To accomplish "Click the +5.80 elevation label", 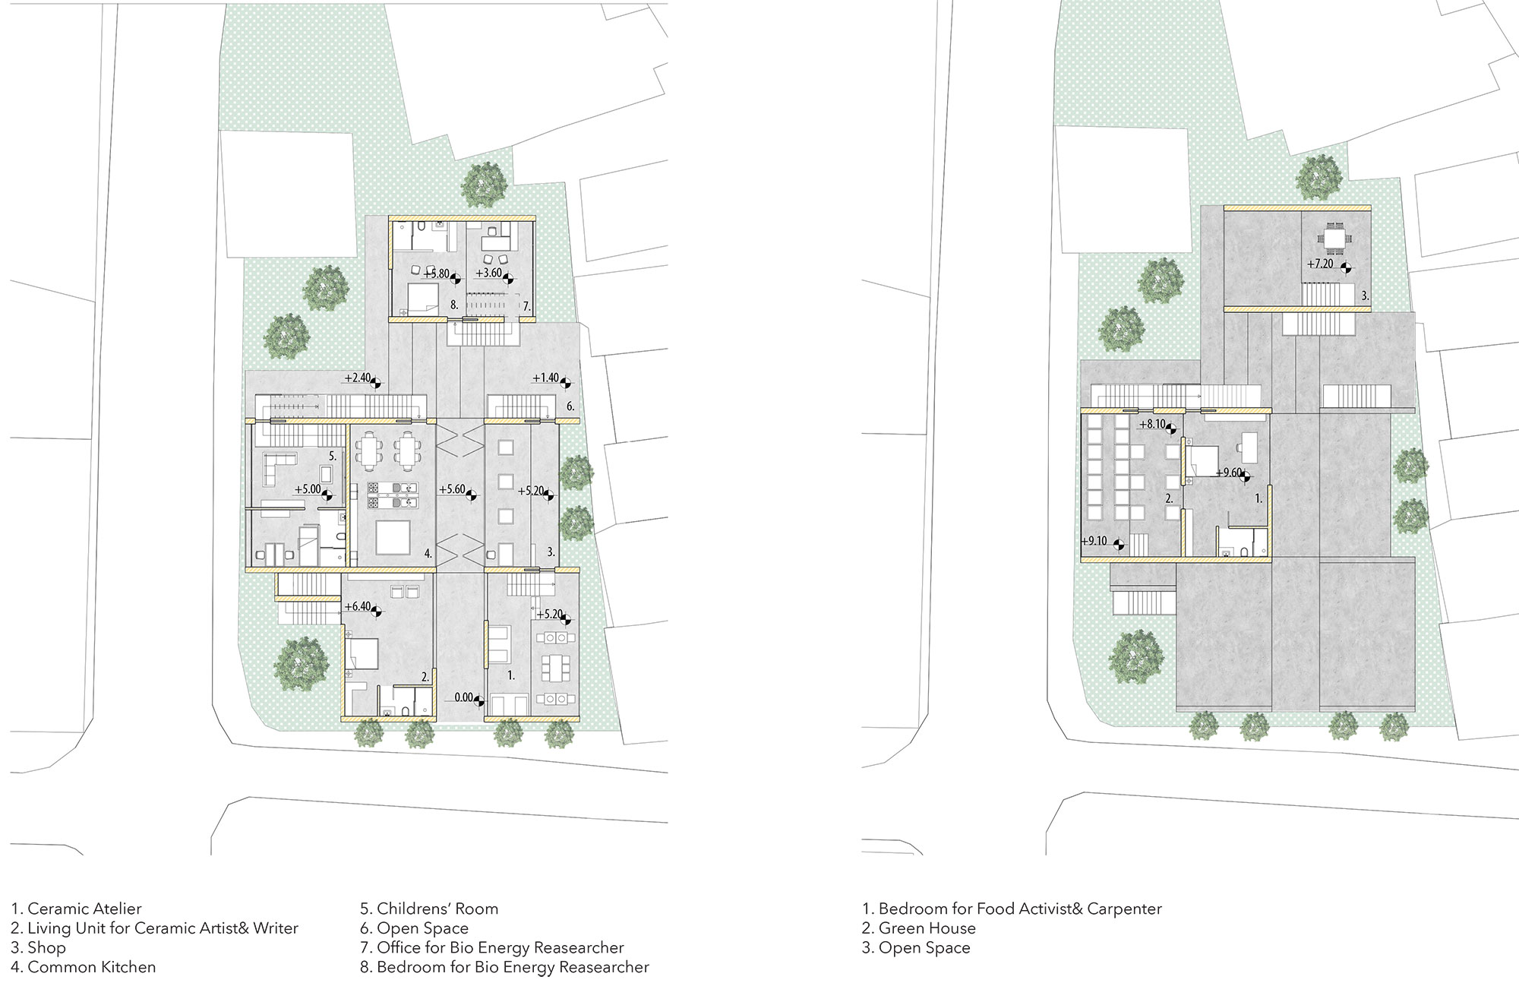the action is [x=437, y=273].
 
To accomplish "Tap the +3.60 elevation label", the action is [x=489, y=273].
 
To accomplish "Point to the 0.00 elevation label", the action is [x=463, y=697].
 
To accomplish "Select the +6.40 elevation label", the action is [x=358, y=607].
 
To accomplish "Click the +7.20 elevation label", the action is [x=1320, y=264].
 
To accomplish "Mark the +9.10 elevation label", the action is [x=1094, y=542].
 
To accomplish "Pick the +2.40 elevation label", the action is [x=357, y=378].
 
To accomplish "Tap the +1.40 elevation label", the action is [x=545, y=378].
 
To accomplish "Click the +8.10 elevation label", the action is [x=1152, y=425].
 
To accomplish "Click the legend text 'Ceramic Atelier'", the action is [x=84, y=909].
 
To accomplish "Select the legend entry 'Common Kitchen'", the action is [x=92, y=967].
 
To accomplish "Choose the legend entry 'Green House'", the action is [x=927, y=928].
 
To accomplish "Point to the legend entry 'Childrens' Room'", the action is [x=437, y=909].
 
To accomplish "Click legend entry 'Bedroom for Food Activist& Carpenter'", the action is [x=1020, y=909].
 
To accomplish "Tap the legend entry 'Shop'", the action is [x=46, y=948].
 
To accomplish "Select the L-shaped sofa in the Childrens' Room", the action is [x=279, y=468].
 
